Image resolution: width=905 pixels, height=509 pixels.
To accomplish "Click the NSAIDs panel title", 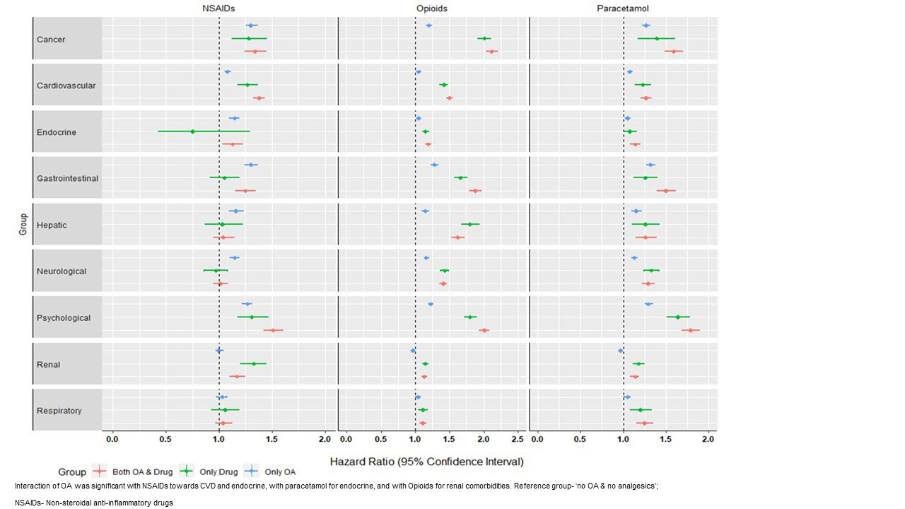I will coord(219,8).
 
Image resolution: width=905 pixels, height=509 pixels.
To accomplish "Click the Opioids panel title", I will coord(431,8).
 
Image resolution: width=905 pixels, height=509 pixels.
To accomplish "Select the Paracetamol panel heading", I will coord(623,8).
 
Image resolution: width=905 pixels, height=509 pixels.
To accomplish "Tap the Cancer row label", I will coord(51,40).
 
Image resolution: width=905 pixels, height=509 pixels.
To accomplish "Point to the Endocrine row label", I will coord(57,132).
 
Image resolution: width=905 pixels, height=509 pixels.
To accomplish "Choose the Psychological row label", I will coord(64,318).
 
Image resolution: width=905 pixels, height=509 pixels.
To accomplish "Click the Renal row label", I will coord(49,365).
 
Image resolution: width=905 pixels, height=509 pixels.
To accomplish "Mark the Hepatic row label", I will coord(52,226).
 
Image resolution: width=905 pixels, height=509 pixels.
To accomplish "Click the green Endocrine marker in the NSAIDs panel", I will coord(192,131).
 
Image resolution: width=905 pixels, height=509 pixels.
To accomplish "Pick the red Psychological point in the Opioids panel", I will coord(484,330).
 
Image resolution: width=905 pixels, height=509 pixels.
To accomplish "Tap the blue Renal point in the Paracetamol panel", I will coord(621,351).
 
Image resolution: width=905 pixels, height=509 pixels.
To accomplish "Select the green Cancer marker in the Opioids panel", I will coord(484,38).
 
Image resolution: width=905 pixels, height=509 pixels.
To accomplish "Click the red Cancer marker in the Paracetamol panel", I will coord(674,51).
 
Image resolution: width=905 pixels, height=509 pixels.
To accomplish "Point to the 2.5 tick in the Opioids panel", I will coord(518,440).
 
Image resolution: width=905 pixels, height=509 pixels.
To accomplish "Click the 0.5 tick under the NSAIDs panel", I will coord(165,440).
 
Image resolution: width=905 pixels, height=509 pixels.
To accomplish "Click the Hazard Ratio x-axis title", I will coord(426,462).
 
